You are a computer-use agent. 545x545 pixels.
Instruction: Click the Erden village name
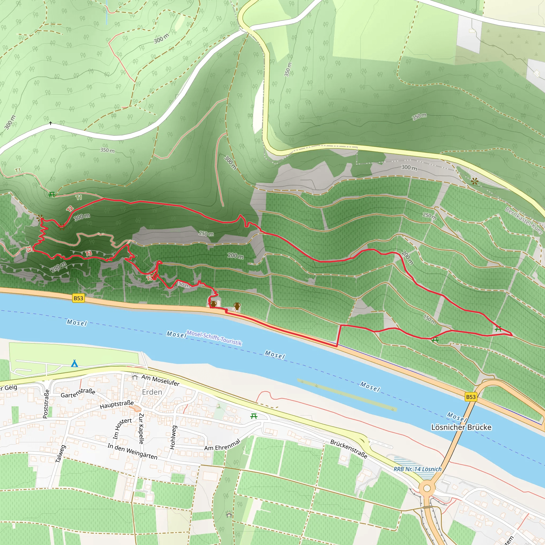[152, 392]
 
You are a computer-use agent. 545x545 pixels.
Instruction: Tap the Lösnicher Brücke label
[461, 427]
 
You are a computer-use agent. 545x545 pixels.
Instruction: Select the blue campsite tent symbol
[74, 363]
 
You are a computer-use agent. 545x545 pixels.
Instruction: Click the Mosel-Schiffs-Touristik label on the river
[214, 338]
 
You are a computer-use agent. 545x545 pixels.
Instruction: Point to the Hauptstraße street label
[117, 404]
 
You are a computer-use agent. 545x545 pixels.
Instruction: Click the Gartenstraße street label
[78, 393]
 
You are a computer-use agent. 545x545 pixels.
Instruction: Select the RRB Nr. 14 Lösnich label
[418, 469]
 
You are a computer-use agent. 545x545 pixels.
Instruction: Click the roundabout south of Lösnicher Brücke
[427, 488]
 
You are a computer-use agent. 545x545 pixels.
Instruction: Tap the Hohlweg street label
[173, 437]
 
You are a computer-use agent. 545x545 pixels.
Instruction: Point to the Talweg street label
[60, 454]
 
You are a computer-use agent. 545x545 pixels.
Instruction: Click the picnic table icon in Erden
[254, 416]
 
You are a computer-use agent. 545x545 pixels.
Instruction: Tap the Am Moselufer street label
[160, 381]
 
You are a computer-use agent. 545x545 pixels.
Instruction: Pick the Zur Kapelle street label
[141, 428]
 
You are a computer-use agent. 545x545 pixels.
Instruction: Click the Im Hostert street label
[122, 428]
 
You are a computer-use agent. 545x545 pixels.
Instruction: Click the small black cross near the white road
[51, 123]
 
